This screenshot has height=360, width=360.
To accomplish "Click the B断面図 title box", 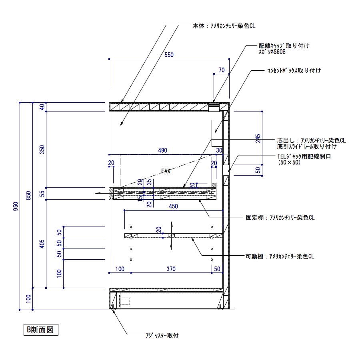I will point(40,330).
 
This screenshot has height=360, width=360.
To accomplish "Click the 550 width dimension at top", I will point(169,56).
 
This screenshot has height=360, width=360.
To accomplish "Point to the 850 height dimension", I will point(28,196).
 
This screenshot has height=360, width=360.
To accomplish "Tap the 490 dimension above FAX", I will point(162,150).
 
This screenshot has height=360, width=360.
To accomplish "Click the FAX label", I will point(166,171).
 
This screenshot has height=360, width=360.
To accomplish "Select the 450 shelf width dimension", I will point(173,206).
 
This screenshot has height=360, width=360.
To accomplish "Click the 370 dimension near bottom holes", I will point(171,269).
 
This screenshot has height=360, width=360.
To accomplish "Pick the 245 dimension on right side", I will point(258,138).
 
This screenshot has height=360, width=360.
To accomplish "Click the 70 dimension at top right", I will point(221,70).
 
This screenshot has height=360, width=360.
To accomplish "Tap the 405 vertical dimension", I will point(42,243).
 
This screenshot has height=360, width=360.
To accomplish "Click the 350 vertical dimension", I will point(42,149).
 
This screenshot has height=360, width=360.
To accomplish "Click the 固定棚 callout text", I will point(280,218).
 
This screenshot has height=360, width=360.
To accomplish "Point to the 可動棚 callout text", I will point(280,256).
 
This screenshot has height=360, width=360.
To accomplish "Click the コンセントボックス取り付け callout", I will point(294,70).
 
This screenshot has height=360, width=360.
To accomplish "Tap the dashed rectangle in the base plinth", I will point(125,301).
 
